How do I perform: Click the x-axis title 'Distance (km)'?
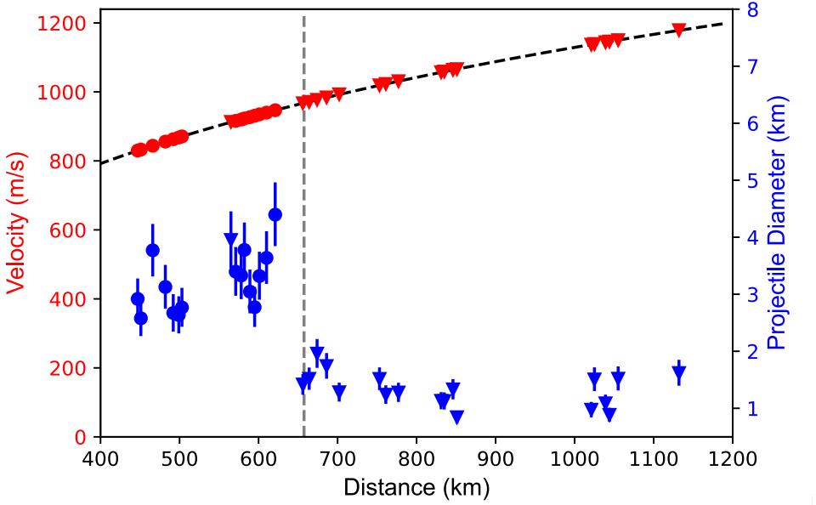(416, 488)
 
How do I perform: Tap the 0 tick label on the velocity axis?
(80, 437)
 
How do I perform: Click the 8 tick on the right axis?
(752, 10)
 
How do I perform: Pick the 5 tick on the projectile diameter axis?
(752, 180)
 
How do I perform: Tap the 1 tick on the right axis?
(752, 408)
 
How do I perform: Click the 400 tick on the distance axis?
(100, 459)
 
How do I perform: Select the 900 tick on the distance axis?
(496, 459)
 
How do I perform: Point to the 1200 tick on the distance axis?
(732, 459)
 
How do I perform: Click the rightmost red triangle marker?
(679, 30)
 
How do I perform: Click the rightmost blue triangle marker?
(679, 372)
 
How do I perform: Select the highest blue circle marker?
(275, 214)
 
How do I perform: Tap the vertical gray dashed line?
(304, 255)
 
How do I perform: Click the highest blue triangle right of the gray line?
(317, 353)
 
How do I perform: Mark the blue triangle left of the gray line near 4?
(230, 239)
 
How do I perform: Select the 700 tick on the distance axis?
(337, 459)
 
